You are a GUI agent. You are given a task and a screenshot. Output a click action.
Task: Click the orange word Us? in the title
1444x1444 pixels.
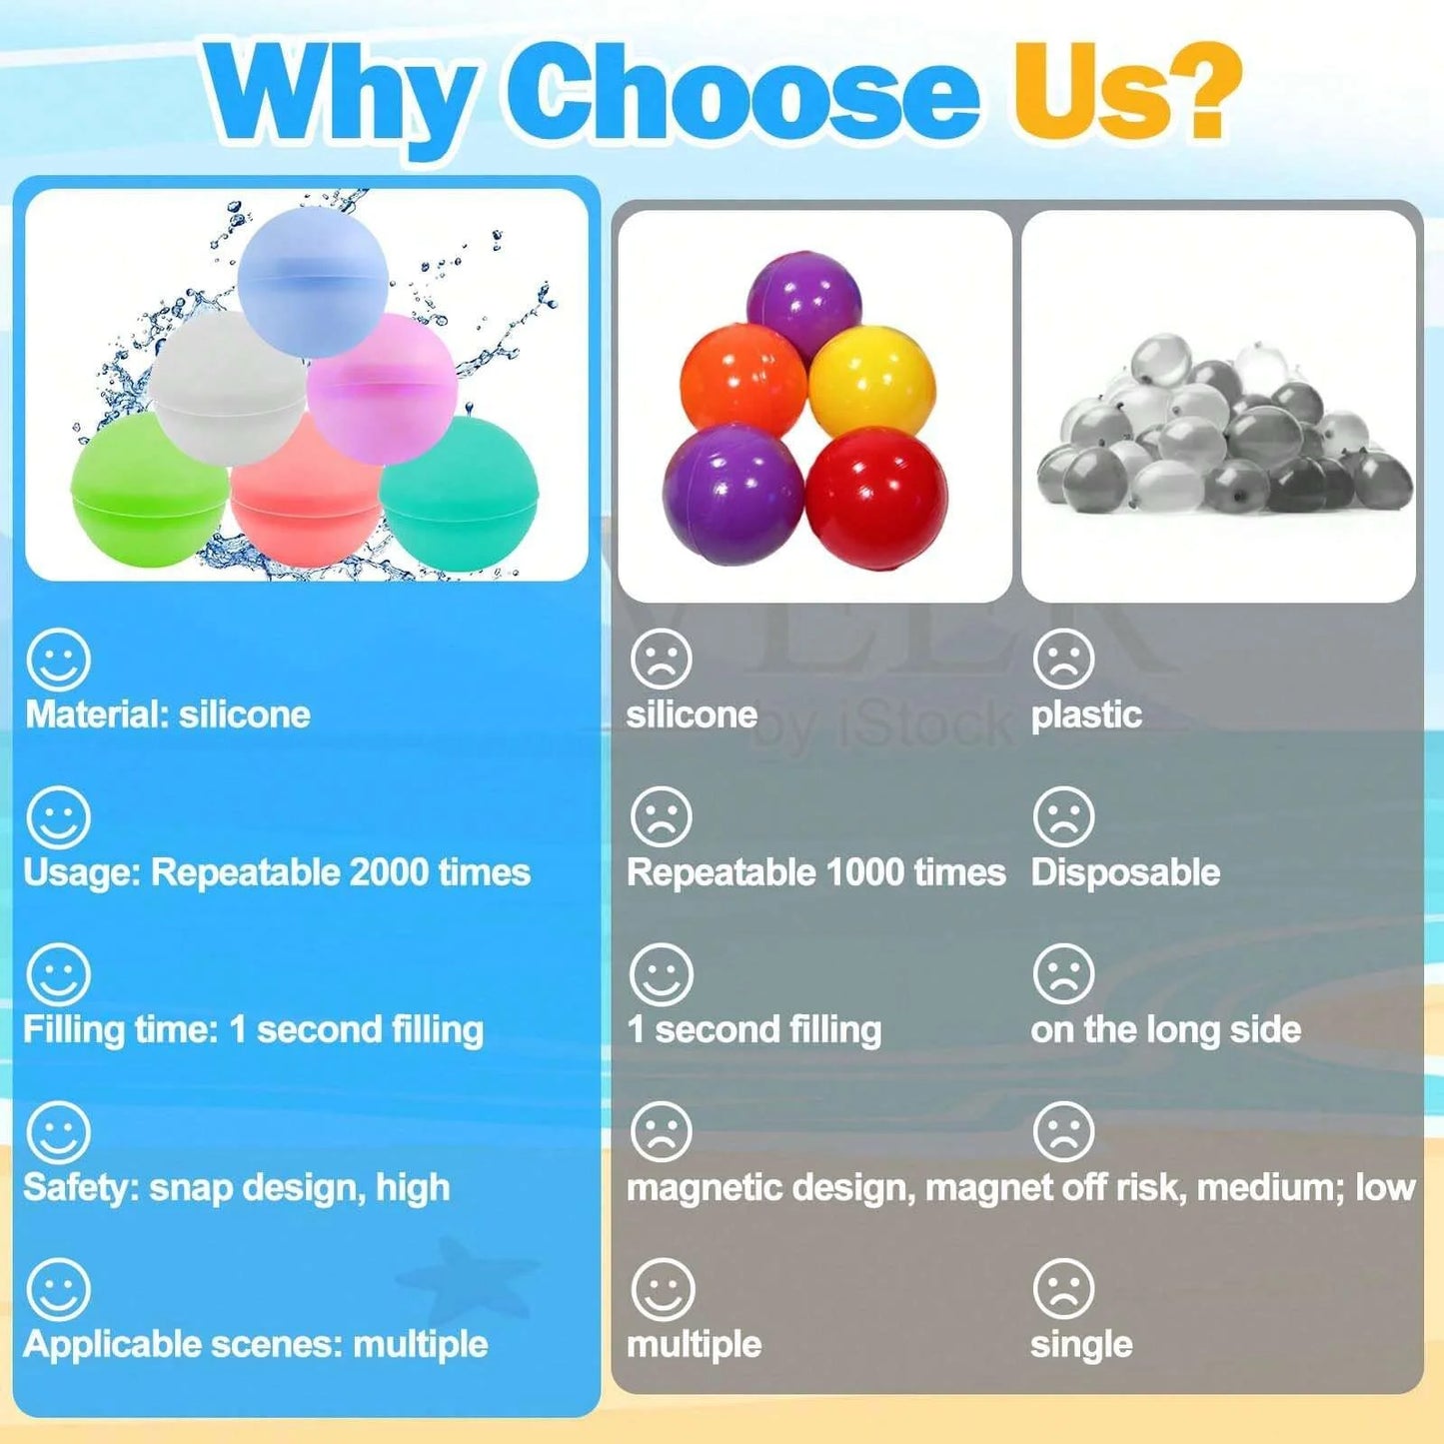[x=1127, y=92]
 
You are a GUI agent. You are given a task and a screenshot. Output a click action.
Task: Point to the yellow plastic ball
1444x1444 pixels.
[x=872, y=382]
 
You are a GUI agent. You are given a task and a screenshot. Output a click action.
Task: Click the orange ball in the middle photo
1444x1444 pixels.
[x=744, y=382]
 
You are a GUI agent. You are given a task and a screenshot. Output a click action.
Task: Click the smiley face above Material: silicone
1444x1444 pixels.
[x=58, y=660]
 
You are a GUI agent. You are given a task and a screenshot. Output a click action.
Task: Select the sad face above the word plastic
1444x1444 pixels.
[x=1063, y=660]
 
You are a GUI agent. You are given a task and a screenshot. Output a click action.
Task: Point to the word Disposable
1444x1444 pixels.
[x=1125, y=873]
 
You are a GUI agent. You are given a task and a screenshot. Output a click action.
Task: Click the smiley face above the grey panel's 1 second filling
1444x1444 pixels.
[x=662, y=975]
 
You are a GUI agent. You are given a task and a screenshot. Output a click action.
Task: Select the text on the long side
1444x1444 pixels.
[x=1166, y=1029]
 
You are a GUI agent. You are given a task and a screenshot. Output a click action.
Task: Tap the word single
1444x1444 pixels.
[x=1081, y=1344]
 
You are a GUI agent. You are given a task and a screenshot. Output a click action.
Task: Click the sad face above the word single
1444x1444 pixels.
[x=1063, y=1289]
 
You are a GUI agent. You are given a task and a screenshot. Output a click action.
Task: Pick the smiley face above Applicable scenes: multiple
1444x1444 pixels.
[x=58, y=1289]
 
